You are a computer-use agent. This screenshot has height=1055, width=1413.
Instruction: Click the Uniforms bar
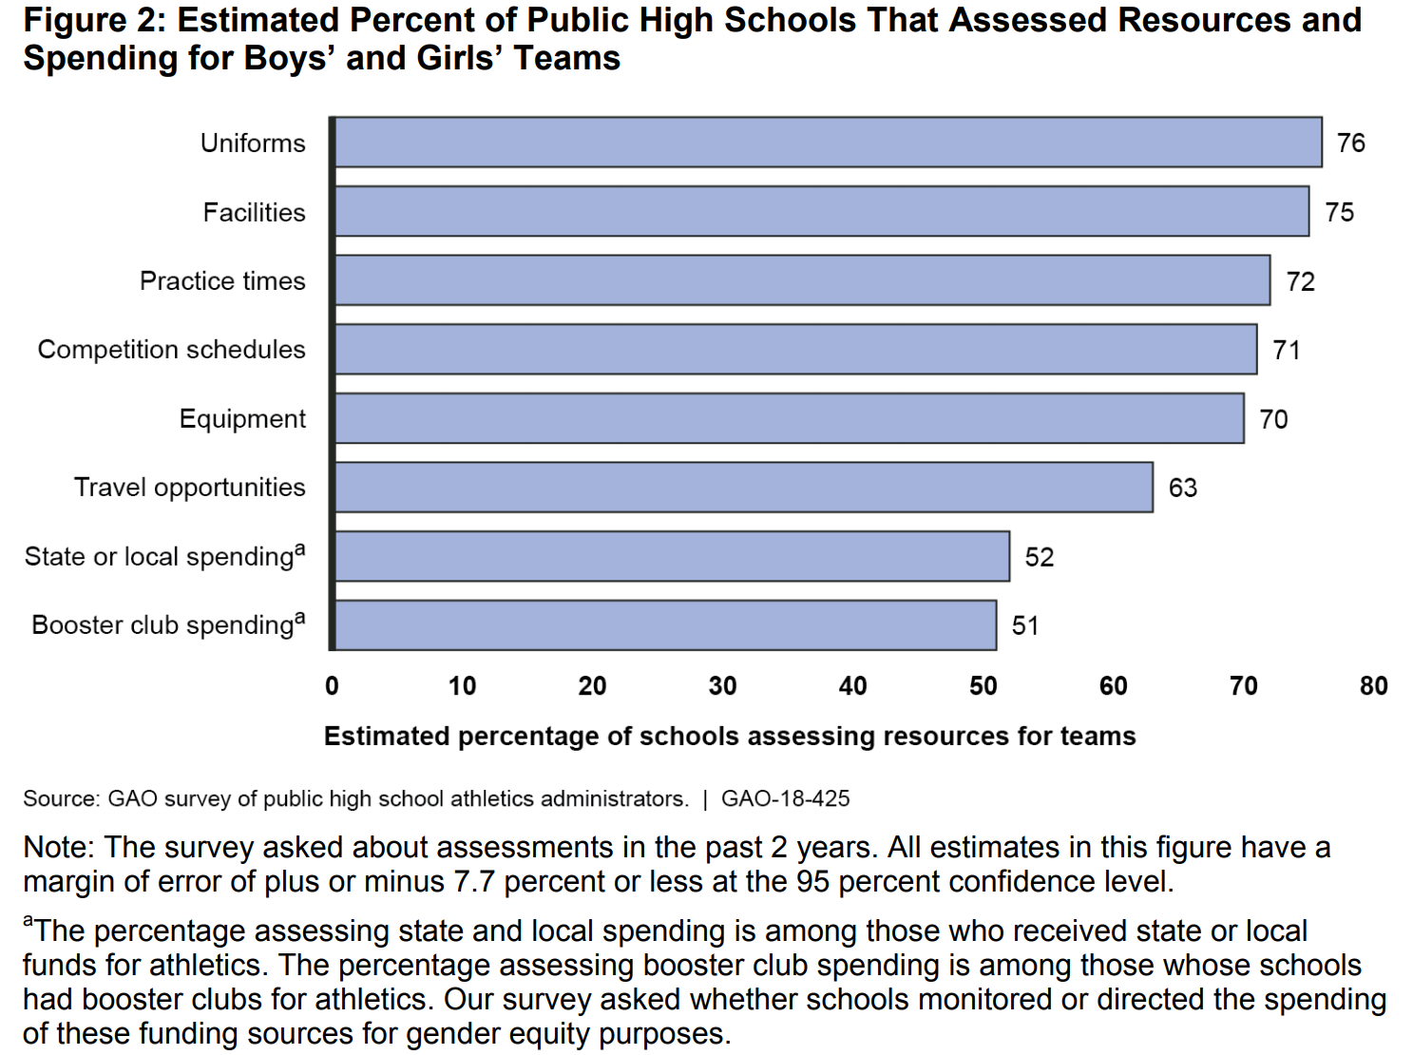point(827,143)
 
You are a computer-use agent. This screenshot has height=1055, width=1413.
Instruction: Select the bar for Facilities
point(821,211)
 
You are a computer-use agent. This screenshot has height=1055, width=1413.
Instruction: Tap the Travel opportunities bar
point(743,488)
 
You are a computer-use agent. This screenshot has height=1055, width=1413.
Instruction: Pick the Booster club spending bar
point(665,625)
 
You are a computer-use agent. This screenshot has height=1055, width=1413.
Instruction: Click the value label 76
point(1350,144)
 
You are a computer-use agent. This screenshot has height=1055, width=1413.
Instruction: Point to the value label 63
point(1182,489)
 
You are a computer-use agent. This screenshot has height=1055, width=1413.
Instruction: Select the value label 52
point(1039,557)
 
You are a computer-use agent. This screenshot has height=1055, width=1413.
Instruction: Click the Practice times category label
point(222,281)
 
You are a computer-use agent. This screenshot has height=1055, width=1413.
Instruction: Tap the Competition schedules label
point(171,350)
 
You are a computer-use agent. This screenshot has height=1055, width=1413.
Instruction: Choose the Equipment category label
point(242,419)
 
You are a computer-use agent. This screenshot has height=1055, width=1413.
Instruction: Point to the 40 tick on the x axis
point(852,686)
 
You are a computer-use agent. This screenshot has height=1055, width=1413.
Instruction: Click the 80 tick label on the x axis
point(1373,686)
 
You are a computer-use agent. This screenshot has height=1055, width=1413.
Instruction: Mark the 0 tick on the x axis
point(332,686)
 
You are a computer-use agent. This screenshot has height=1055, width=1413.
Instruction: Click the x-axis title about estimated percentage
point(729,737)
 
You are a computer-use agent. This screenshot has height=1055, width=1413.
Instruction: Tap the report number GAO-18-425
point(785,799)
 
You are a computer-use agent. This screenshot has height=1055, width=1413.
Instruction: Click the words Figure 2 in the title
point(93,20)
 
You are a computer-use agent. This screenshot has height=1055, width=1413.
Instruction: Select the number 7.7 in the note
point(474,882)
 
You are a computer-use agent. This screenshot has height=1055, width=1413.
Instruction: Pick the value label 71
point(1286,351)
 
